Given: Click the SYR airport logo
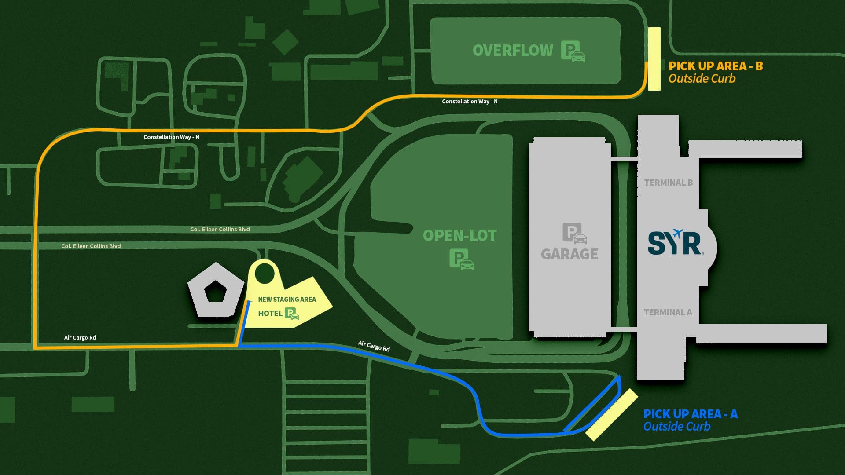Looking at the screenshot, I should tap(675, 243).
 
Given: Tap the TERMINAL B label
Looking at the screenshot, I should tap(668, 183).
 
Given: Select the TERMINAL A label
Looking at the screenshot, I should tap(668, 312).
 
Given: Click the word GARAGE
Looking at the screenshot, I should tap(569, 254).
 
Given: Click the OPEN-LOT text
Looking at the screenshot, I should tap(459, 236).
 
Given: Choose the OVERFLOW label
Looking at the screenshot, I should tap(513, 51).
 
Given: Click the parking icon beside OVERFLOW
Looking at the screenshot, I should tap(573, 51).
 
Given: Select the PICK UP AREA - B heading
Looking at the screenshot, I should tap(716, 66).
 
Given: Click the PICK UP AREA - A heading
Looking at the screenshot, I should tap(690, 414).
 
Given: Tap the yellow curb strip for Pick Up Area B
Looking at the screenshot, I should tap(654, 59).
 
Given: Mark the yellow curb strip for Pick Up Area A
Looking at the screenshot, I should tap(612, 414).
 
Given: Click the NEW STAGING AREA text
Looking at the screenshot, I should tap(287, 300).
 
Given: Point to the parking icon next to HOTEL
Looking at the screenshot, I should tap(292, 314).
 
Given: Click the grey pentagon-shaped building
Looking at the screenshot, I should tap(215, 290).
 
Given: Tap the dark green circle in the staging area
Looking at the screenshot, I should tap(265, 274).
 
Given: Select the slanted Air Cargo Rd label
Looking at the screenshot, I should tap(374, 346).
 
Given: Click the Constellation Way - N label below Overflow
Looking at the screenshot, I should tap(470, 102).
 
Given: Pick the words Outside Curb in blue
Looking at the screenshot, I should tap(676, 426).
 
